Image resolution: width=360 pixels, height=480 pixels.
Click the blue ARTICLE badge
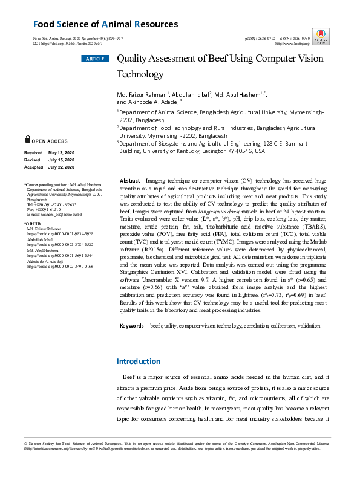click(94, 59)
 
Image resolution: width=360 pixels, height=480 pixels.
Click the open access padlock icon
click(28, 139)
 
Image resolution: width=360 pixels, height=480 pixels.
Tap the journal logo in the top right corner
click(322, 34)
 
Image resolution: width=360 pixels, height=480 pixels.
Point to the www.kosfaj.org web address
click(292, 44)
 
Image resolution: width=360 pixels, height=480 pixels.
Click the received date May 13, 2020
click(61, 152)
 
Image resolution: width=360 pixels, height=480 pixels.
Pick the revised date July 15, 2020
click(61, 160)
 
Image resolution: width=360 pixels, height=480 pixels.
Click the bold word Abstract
click(130, 181)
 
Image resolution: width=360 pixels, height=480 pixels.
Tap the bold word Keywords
click(131, 326)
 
